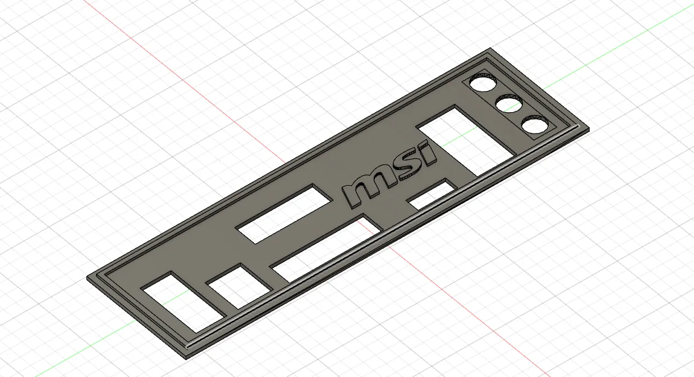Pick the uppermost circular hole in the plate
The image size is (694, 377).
coord(483,84)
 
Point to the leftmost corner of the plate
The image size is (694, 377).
coord(88,278)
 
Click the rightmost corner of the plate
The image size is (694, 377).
coord(589,129)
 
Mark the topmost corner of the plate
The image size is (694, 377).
coord(489,48)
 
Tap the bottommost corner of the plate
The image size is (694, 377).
coord(186,357)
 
